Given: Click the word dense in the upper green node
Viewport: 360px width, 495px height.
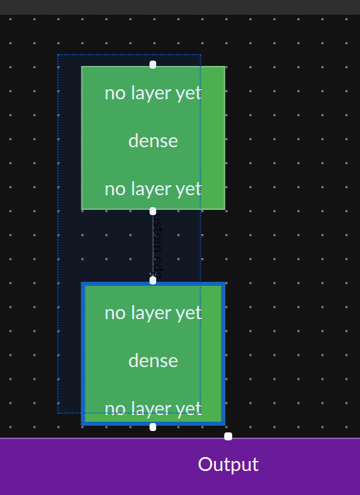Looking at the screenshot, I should [x=153, y=141].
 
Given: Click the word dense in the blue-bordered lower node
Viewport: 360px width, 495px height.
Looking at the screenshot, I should [x=153, y=361].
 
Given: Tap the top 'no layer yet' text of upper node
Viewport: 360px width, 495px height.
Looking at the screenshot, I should [x=153, y=93].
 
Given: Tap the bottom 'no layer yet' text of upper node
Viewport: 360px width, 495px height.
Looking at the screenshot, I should [x=153, y=189].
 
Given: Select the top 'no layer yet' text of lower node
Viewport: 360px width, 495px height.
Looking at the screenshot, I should [x=153, y=313].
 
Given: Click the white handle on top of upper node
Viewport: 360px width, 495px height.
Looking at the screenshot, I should [x=153, y=65].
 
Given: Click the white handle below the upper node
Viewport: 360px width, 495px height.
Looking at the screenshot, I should [x=153, y=211].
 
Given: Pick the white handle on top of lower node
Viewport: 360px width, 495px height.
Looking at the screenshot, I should [x=153, y=280].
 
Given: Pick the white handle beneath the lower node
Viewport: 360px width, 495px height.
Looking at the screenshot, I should [x=153, y=427].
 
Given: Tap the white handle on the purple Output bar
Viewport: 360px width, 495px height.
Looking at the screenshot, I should [x=228, y=436].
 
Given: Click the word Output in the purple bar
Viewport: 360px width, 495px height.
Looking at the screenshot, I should [x=228, y=465].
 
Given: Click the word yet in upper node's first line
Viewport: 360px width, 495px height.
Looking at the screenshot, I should [x=189, y=93].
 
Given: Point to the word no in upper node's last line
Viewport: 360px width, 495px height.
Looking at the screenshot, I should [x=115, y=189].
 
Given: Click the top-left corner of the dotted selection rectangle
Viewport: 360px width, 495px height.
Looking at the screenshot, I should [x=58, y=55].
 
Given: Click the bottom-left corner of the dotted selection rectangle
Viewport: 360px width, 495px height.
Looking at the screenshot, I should [x=58, y=413].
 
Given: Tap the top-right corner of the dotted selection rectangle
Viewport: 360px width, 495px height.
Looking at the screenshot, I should [x=201, y=55].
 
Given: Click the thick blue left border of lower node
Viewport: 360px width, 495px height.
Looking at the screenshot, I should [x=83, y=353].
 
